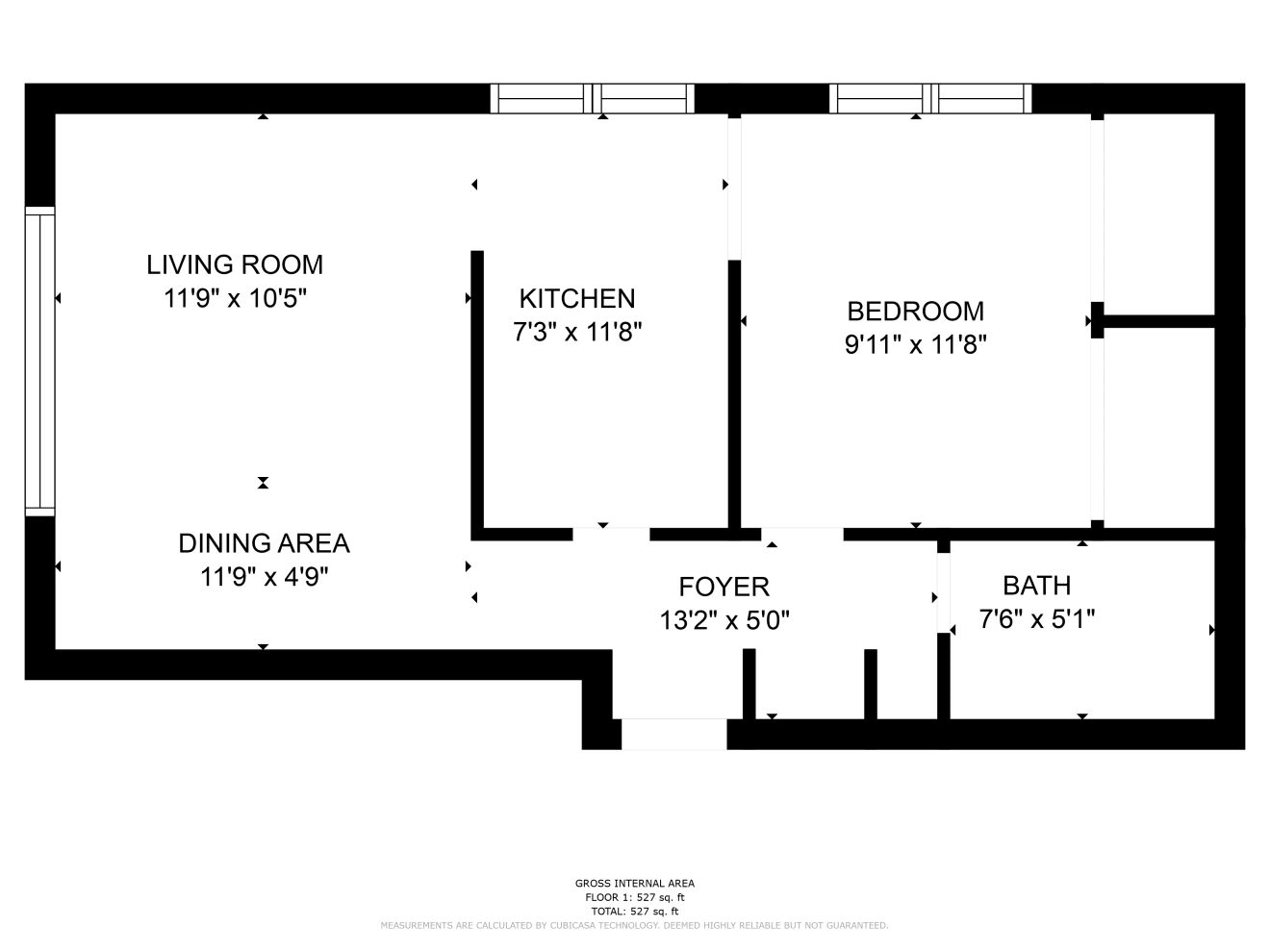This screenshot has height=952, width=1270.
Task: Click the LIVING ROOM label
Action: [x=235, y=264]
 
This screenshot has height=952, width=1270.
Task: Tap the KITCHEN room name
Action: [x=577, y=299]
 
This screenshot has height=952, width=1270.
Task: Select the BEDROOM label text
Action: [x=915, y=312]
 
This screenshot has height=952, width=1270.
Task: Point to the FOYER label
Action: [x=724, y=588]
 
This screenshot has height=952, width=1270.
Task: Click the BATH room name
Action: [x=1037, y=587]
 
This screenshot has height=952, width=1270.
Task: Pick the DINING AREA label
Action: [x=264, y=543]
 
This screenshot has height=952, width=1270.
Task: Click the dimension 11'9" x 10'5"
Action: [x=235, y=299]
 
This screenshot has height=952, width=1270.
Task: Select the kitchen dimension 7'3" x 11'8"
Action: [x=577, y=333]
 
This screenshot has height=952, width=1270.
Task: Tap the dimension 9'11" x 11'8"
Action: [x=915, y=345]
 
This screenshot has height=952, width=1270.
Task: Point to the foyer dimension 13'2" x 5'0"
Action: [x=724, y=621]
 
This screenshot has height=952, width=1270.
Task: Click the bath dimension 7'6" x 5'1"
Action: [x=1037, y=619]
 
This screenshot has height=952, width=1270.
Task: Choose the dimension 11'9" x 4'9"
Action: [x=264, y=577]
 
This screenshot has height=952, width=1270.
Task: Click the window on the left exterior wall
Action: [x=39, y=362]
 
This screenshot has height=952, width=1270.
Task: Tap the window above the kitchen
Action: [x=592, y=98]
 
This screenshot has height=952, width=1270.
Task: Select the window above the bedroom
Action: [x=930, y=98]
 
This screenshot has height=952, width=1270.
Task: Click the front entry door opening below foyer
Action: [x=674, y=735]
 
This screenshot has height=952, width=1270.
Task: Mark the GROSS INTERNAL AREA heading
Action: [x=635, y=884]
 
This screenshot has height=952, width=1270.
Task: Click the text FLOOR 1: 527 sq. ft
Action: [x=635, y=897]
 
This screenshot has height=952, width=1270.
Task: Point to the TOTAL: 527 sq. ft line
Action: [x=635, y=912]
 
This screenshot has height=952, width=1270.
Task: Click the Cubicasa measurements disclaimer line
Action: [x=634, y=926]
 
